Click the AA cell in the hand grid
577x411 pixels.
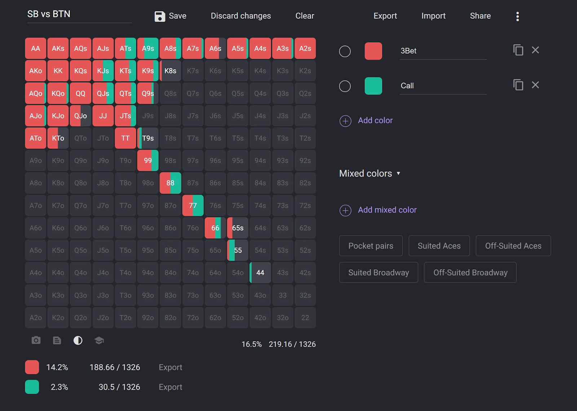coord(35,48)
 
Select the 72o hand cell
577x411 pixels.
coord(193,318)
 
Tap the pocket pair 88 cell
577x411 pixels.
coord(170,183)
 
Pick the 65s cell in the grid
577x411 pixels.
coord(238,228)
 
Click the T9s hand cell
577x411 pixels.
coord(148,138)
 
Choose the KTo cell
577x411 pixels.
coord(58,138)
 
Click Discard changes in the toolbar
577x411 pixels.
coord(241,16)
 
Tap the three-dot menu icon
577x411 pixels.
coord(517,16)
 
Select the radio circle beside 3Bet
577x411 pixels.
coord(345,51)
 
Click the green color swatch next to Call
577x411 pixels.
coord(373,86)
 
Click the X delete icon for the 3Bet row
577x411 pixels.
coord(535,50)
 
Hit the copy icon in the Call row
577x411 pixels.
coord(518,85)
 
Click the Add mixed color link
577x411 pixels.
coord(387,210)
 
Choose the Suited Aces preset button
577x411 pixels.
coord(439,246)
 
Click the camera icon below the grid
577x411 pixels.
coord(36,340)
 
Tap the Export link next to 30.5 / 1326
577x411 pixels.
coord(170,387)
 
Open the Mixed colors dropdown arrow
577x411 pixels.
coord(398,173)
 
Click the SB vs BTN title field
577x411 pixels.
coord(79,14)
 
